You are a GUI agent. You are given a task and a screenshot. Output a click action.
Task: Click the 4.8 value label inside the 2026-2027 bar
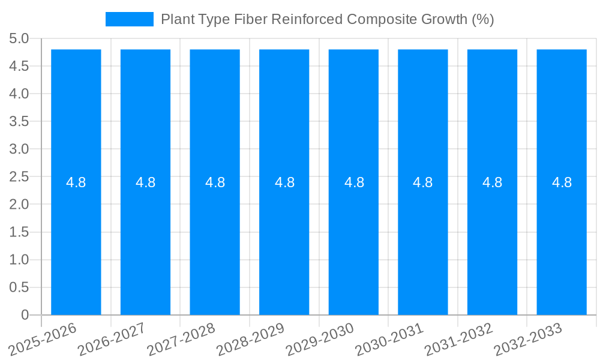point(146,182)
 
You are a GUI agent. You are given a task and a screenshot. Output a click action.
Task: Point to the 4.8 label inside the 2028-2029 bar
point(284,182)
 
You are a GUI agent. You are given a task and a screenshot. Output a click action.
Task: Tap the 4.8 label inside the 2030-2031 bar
point(423,182)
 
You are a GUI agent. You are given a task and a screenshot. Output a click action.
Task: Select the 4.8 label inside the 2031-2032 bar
point(493,182)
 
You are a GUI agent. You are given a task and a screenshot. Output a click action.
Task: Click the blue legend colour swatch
point(130,19)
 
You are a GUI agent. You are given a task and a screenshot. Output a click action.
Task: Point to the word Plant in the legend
point(176,19)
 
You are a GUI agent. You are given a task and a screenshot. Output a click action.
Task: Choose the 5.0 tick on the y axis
point(19,39)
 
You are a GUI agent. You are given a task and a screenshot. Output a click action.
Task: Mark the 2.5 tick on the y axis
point(19,177)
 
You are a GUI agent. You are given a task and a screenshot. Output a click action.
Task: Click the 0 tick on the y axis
point(25,315)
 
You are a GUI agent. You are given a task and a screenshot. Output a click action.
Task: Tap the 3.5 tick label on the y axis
point(19,122)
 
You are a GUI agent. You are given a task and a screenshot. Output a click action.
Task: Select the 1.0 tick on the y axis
point(19,260)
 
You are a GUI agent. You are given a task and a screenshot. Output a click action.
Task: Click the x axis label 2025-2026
point(43,338)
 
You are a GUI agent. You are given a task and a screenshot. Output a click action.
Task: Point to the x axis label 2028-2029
point(251,338)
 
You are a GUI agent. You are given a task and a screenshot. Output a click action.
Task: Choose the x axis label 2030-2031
point(389,338)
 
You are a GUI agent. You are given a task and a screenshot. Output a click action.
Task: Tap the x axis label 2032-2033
point(528,338)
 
